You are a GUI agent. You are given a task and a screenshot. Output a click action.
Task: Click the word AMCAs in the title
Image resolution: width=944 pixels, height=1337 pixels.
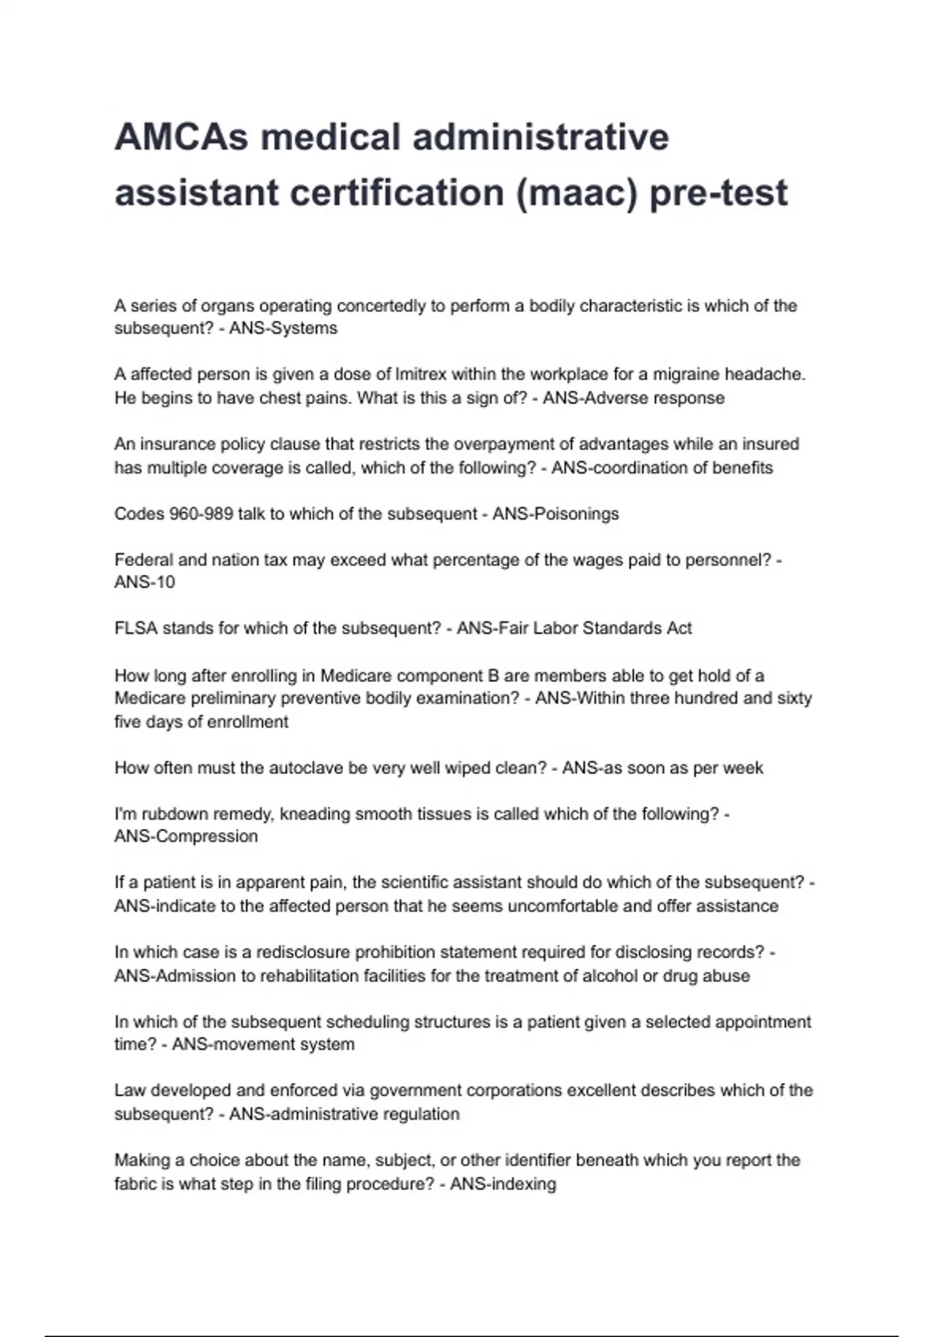click(180, 138)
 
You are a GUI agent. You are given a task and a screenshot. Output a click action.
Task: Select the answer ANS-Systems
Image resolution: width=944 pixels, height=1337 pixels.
click(283, 329)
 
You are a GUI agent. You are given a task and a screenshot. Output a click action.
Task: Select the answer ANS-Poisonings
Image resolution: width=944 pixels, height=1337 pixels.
click(555, 514)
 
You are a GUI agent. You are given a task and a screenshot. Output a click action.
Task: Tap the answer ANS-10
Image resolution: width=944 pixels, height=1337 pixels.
click(145, 583)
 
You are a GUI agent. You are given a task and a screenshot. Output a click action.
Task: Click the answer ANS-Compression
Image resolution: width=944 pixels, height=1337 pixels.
click(186, 837)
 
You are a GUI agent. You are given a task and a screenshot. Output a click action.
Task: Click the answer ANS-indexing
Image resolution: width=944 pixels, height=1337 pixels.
click(503, 1184)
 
